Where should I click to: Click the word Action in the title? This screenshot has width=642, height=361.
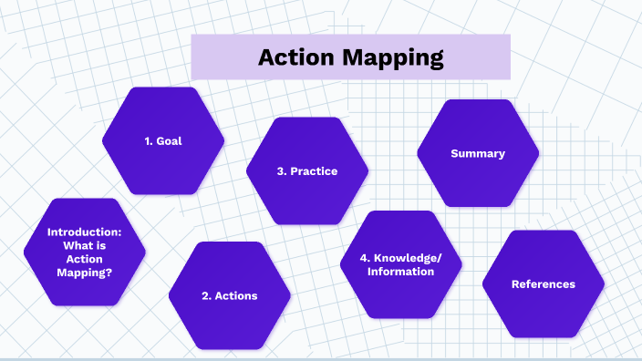[x=296, y=57]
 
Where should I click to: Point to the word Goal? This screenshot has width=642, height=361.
[x=170, y=141]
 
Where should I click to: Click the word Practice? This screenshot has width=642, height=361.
[x=315, y=170]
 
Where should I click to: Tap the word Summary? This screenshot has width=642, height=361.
[x=478, y=153]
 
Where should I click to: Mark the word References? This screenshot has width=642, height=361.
[x=544, y=284]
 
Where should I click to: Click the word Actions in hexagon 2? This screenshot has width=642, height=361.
[x=236, y=295]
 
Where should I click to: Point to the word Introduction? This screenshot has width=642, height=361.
[x=84, y=232]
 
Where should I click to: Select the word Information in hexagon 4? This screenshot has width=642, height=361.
[x=400, y=272]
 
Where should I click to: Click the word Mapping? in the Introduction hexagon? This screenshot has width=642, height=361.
[x=84, y=273]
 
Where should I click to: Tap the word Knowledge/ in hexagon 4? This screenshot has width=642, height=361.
[x=408, y=258]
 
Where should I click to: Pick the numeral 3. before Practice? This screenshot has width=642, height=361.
[x=281, y=170]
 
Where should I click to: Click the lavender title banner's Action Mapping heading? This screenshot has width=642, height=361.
[x=350, y=58]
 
